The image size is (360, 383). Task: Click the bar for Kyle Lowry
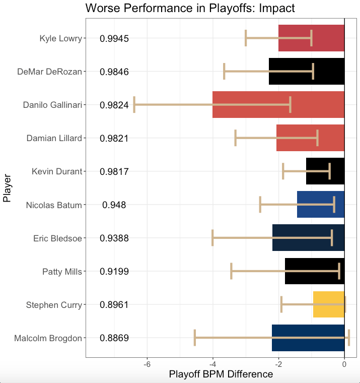tap(311, 38)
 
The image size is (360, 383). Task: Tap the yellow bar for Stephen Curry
tap(328, 305)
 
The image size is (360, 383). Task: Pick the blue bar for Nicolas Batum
tap(320, 205)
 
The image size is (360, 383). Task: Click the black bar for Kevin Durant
tap(325, 171)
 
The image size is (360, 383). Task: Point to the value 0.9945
tap(114, 38)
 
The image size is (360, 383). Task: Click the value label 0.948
tap(114, 205)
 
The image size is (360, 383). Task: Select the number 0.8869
tap(114, 338)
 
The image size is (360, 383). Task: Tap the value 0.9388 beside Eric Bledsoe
tap(114, 238)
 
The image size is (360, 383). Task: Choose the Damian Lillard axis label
tap(54, 138)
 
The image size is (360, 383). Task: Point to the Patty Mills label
tap(62, 272)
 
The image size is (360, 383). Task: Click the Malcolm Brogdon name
tap(48, 338)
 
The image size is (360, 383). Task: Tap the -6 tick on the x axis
tap(147, 364)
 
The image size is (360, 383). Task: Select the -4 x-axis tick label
tap(212, 364)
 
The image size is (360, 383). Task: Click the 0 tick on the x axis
tap(344, 364)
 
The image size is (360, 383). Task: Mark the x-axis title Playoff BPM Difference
tap(221, 374)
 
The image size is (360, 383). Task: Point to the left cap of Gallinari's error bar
tap(134, 105)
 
